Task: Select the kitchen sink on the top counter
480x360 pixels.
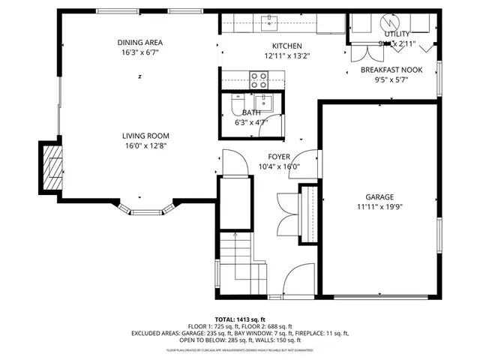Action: tap(271, 21)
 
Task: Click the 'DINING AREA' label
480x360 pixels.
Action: tap(139, 42)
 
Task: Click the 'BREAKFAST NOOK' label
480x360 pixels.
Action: tap(391, 70)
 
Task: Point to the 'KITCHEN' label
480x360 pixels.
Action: tap(265, 46)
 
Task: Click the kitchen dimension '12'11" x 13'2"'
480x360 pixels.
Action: tap(265, 55)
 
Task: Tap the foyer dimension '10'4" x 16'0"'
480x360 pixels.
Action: tap(278, 166)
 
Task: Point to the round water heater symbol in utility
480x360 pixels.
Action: tap(390, 22)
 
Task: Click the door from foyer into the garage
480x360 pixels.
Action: tap(314, 161)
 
